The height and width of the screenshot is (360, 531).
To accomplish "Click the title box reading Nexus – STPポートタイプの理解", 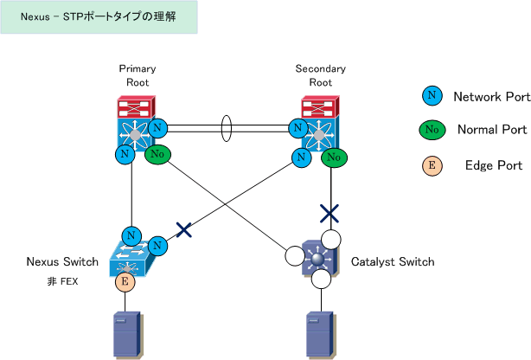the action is (x=99, y=17).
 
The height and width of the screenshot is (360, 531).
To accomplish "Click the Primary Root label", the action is (x=138, y=75).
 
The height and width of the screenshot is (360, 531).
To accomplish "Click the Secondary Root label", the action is (x=320, y=75).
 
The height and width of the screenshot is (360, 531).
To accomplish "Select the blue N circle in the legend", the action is (x=432, y=95).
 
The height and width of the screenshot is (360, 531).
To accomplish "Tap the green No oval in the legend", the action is (x=432, y=130).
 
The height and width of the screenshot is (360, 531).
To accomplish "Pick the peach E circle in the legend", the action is (x=432, y=165).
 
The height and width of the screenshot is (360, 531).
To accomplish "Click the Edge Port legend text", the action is (x=494, y=165).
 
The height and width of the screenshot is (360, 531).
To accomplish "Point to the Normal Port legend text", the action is (x=492, y=130).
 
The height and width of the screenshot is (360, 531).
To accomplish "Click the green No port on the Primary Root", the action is (x=157, y=154).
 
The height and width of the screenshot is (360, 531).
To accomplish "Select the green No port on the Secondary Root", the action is (x=334, y=157).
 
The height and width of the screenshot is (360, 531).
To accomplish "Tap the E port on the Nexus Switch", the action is (x=125, y=282).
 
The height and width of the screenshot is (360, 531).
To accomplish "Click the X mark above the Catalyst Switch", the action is (x=329, y=214).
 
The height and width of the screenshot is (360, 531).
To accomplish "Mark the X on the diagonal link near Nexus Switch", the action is (x=184, y=230).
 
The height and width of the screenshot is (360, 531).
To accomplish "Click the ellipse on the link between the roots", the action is (x=227, y=128).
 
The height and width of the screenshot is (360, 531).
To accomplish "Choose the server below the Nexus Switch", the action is (x=128, y=336).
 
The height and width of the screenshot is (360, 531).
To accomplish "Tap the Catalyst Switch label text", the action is (x=393, y=261).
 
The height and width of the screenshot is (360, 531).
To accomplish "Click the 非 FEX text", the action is (x=62, y=281).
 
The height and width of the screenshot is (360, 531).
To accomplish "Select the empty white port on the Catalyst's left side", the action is (x=295, y=256).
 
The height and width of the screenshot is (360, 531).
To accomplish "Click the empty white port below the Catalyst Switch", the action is (x=321, y=279).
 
